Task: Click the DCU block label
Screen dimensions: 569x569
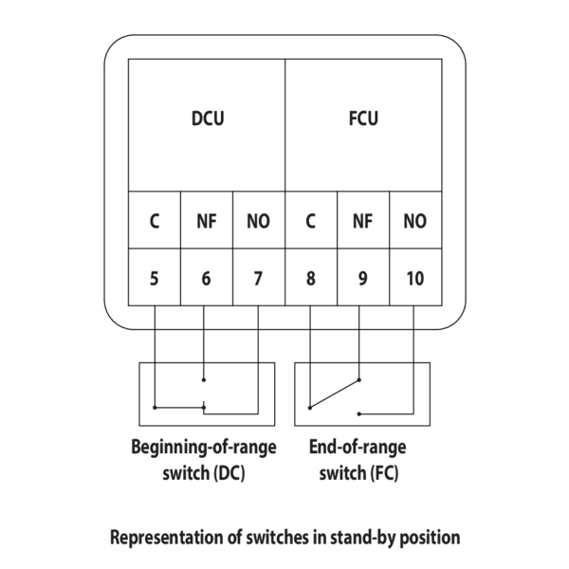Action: pos(207,119)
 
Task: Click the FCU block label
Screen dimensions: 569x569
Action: pos(362,119)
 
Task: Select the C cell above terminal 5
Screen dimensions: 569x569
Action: pos(154,222)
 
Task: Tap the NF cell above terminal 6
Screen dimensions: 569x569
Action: pos(206,222)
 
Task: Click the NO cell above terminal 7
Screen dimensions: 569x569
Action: pos(258,222)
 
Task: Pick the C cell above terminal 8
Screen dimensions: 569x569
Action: pos(310,222)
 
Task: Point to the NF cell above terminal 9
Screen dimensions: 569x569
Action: pos(362,222)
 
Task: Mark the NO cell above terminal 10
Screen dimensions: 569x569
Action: pos(414,222)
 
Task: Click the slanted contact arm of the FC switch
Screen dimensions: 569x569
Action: pos(335,395)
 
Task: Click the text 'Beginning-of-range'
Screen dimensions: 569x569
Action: pos(203,448)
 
